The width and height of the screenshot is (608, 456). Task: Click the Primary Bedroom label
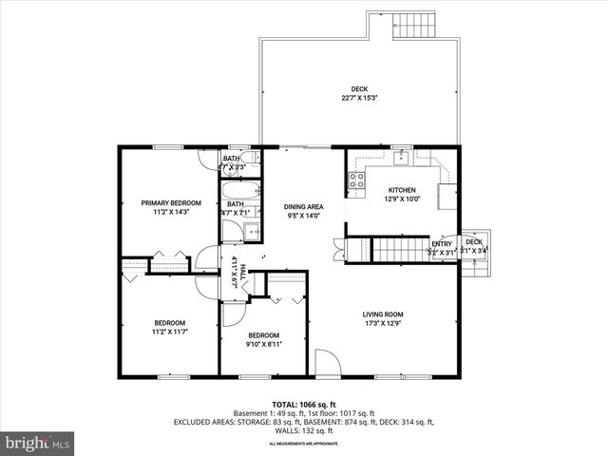coord(171,202)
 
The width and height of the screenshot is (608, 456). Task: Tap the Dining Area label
coord(304,206)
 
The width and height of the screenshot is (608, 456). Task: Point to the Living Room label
coord(383,314)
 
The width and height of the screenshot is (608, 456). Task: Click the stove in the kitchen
coord(356,179)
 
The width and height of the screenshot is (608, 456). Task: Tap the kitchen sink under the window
coord(401,159)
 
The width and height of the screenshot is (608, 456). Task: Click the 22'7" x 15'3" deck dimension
coord(360,98)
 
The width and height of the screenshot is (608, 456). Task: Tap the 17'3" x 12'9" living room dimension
coord(383,324)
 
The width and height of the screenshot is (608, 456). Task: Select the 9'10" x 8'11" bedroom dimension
coord(263,345)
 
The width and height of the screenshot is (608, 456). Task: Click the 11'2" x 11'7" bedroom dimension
coord(170,332)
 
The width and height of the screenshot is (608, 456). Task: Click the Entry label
coord(442,243)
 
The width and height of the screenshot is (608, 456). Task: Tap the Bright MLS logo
coord(38,443)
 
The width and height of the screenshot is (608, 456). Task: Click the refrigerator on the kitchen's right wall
coord(446,196)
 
